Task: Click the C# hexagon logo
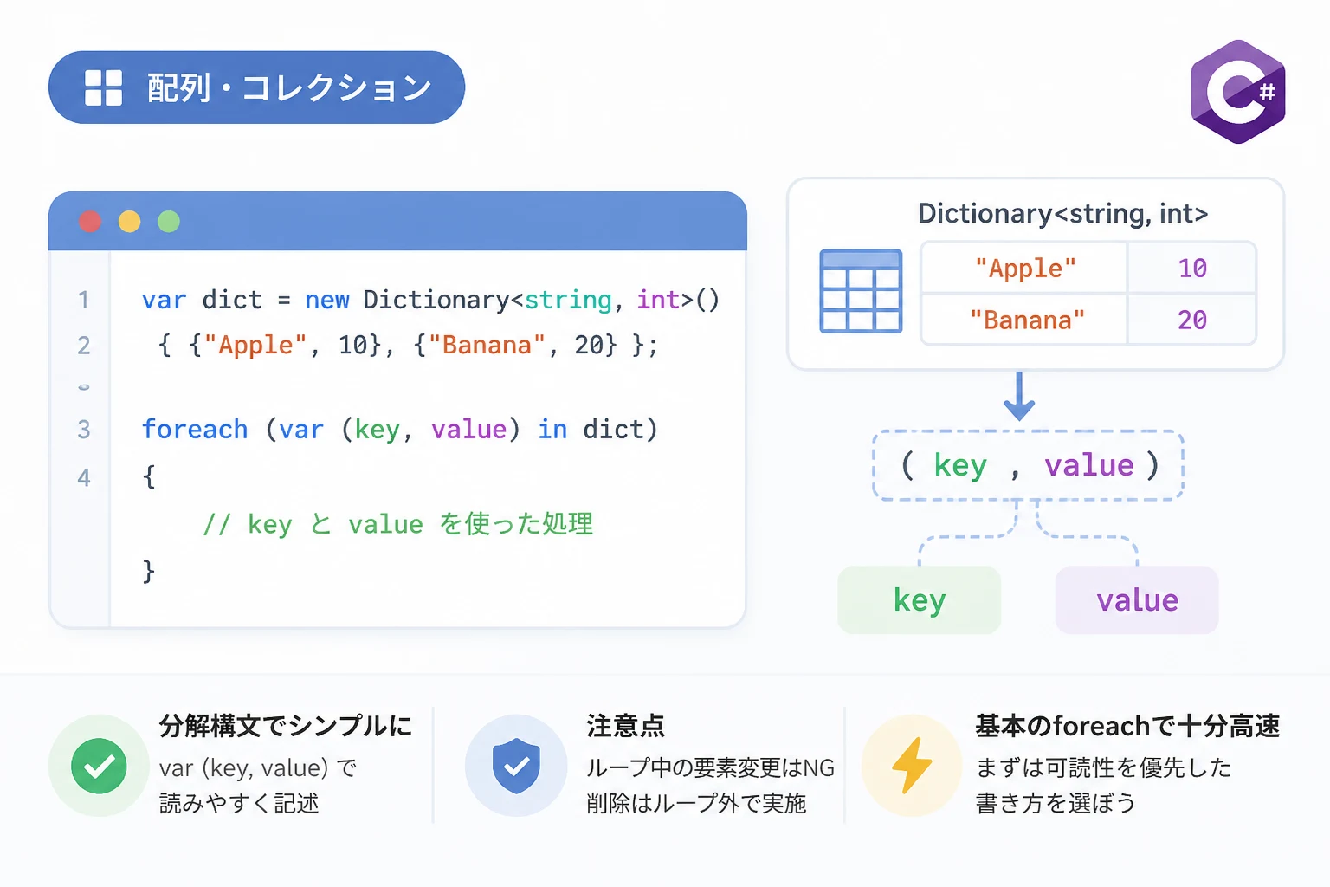click(x=1238, y=92)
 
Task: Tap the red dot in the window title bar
click(x=90, y=222)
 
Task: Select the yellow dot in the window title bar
click(x=129, y=222)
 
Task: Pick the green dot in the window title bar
click(x=169, y=222)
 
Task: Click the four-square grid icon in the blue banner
click(x=103, y=88)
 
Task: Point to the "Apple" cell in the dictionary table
click(x=1024, y=268)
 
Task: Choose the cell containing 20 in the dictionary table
click(x=1192, y=320)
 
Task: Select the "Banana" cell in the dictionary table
click(x=1024, y=320)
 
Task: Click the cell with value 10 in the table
click(x=1192, y=268)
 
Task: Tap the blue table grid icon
click(x=861, y=291)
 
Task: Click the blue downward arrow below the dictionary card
click(x=1019, y=396)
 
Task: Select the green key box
click(x=919, y=600)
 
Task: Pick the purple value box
click(x=1137, y=600)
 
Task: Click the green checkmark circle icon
click(x=99, y=766)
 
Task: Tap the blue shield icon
click(x=516, y=766)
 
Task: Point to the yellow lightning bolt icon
click(x=912, y=765)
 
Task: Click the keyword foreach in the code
click(x=195, y=429)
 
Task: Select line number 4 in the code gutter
click(x=84, y=477)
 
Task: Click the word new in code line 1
click(x=327, y=300)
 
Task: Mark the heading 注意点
click(x=626, y=726)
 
